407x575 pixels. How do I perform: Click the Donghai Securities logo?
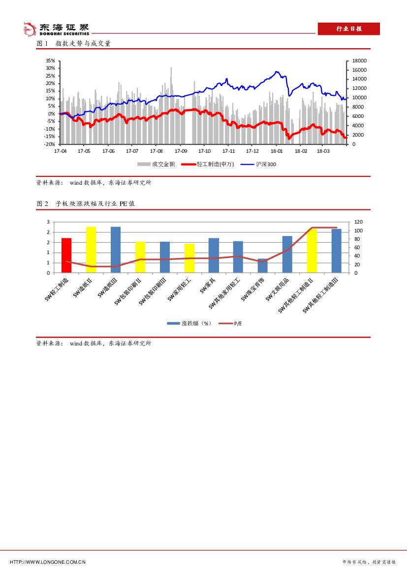(x=57, y=29)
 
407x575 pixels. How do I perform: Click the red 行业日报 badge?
(x=348, y=29)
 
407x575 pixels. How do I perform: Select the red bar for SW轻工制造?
(x=66, y=255)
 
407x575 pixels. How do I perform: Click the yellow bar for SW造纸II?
(x=91, y=250)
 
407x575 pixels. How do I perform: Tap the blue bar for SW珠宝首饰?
(x=263, y=265)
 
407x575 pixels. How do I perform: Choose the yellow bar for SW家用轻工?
(x=189, y=258)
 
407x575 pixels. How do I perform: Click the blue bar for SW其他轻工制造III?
(x=337, y=251)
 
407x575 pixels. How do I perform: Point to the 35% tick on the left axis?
(x=50, y=61)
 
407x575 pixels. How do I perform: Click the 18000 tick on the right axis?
(x=360, y=61)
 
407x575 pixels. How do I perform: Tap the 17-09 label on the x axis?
(x=181, y=151)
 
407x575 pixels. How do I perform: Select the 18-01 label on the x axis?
(x=277, y=151)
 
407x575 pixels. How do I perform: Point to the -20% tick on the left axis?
(x=50, y=144)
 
